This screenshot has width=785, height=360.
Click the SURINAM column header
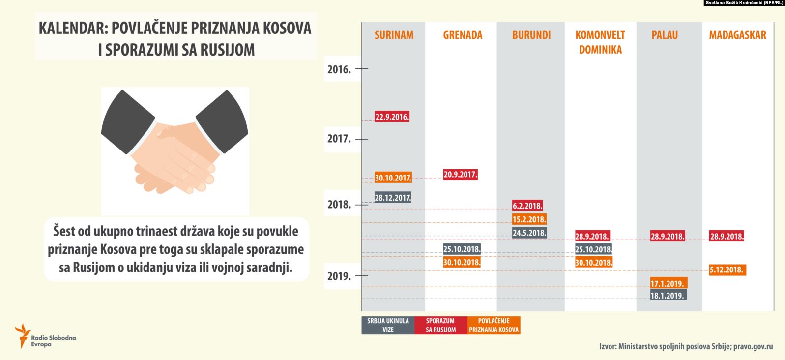pos(394,35)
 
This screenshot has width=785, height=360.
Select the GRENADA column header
pos(463,35)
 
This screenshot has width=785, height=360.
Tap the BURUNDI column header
pos(531,35)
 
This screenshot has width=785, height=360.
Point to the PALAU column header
pos(665,35)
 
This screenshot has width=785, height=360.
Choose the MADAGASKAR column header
pos(737,35)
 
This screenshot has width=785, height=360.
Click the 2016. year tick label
pos(339,69)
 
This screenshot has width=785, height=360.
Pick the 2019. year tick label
pos(339,276)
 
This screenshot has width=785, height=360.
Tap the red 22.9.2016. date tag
pos(392,117)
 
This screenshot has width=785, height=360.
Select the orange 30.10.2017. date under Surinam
pos(393,178)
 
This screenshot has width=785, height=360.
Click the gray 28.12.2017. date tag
pos(393,198)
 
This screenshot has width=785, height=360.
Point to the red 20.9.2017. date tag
pos(460,175)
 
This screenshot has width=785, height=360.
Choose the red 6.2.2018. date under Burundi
pos(527,206)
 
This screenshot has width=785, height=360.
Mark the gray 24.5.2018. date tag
pos(529,233)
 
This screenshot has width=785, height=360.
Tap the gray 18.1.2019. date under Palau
pos(668,296)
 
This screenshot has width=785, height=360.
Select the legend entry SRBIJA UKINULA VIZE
pos(388,325)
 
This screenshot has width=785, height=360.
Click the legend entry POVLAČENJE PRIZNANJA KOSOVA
pos(494,325)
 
